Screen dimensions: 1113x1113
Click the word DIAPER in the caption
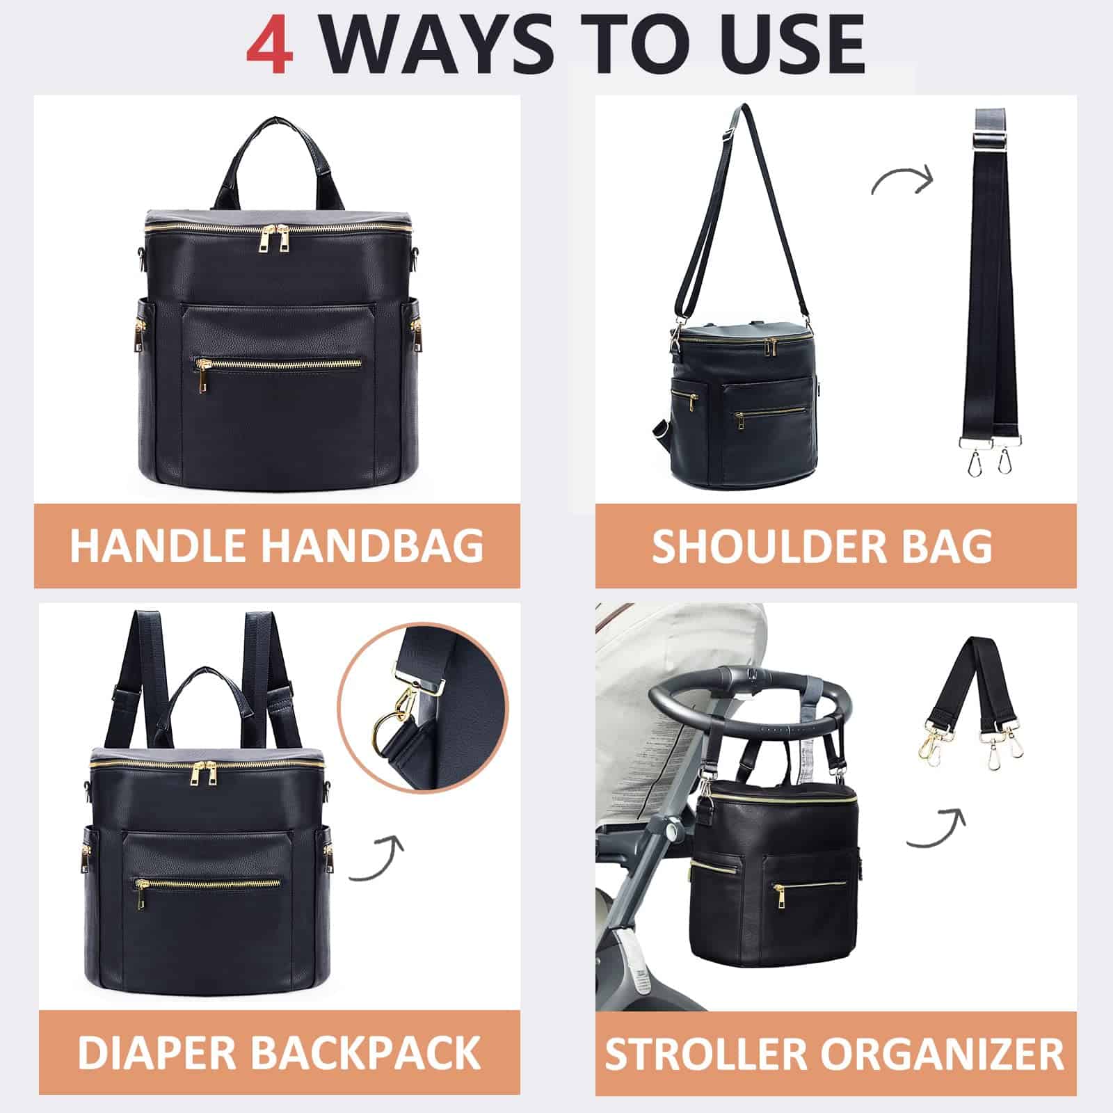[x=157, y=1052]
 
